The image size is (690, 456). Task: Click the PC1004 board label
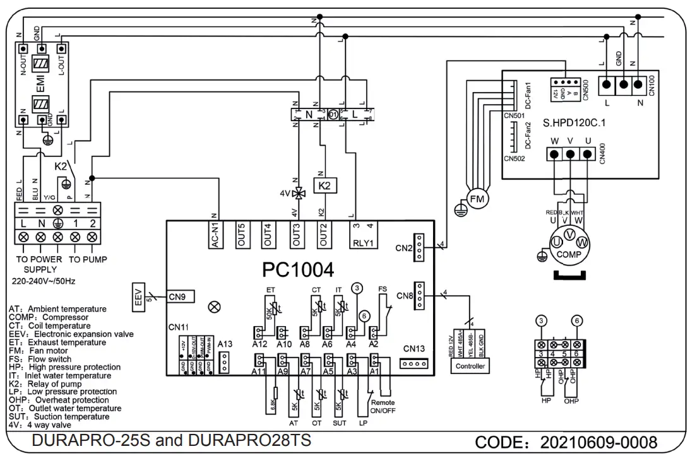[297, 270]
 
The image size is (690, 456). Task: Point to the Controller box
[470, 366]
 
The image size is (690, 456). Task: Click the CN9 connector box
[181, 295]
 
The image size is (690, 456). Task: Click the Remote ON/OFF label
[383, 406]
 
